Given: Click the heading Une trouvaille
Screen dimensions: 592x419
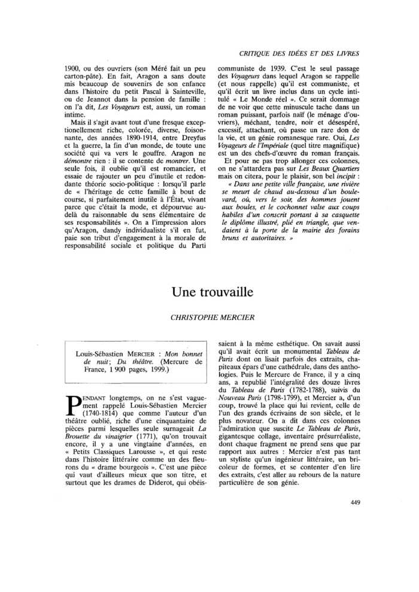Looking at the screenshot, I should tap(209, 291).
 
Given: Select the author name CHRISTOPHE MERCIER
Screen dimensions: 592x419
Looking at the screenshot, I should tap(209, 318).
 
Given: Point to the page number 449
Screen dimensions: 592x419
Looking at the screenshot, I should tap(352, 501).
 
